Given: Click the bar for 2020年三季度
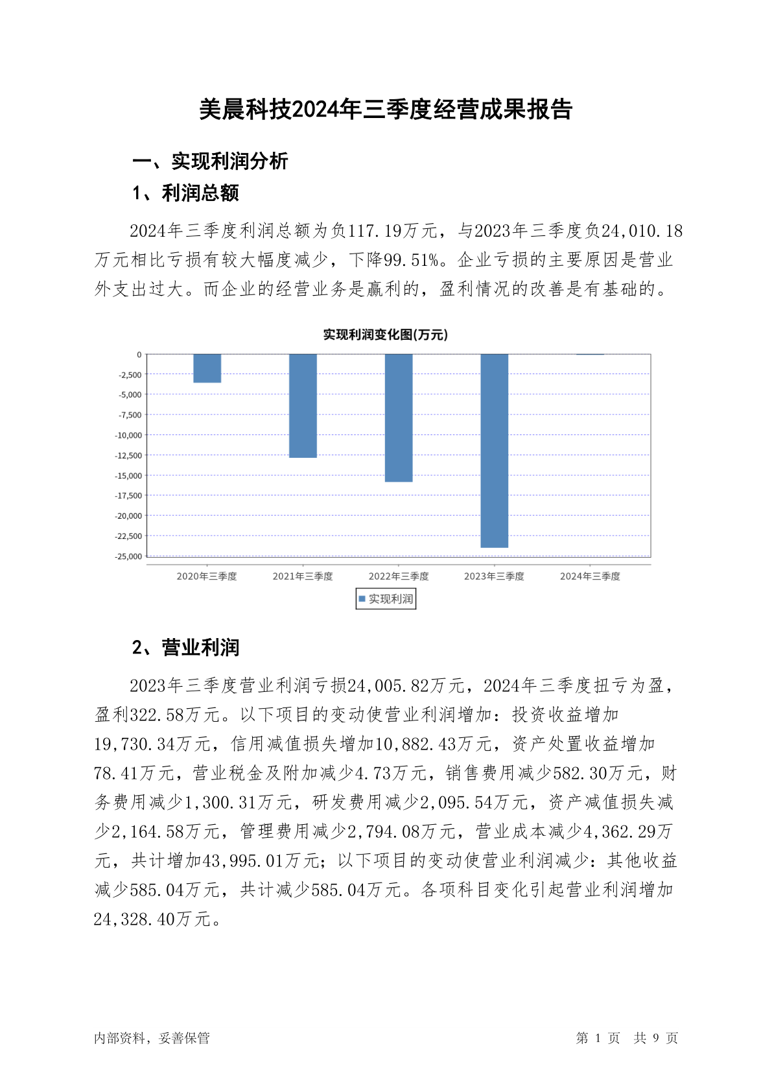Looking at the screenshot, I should (x=207, y=368).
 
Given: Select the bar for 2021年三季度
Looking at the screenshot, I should (x=303, y=406).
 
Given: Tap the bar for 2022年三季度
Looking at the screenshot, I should (x=399, y=418).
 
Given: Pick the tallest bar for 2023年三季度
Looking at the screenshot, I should (x=494, y=451).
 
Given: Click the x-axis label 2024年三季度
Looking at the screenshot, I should (x=590, y=576).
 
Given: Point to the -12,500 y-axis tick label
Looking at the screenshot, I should (x=128, y=455).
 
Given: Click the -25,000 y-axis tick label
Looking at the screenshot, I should (x=128, y=556).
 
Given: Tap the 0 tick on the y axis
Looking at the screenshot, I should (x=139, y=355).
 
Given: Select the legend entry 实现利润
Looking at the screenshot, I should (x=386, y=599).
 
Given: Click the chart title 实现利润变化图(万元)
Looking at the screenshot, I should (x=386, y=335).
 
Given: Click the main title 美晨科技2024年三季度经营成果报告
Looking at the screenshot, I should (x=386, y=110).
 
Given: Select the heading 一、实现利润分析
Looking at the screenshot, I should (x=210, y=161).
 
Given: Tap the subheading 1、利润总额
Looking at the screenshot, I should (x=185, y=193).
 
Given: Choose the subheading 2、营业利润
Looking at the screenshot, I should (x=185, y=647).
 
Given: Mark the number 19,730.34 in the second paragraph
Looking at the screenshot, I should (x=134, y=744).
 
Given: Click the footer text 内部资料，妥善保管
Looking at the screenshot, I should (x=152, y=1038).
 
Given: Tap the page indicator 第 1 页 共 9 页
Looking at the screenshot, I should (x=627, y=1038).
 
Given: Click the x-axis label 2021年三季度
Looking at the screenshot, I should (x=303, y=576).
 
